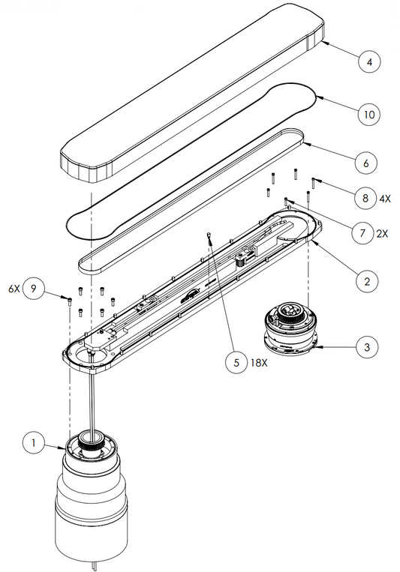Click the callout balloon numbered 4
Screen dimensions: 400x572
[369, 61]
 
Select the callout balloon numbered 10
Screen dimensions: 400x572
[369, 114]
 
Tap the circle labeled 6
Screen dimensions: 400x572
[366, 163]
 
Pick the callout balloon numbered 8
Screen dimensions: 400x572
[365, 198]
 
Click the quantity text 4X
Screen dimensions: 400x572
[384, 199]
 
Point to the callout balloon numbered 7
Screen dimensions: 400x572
[362, 232]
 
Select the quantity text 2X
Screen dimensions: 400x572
[382, 233]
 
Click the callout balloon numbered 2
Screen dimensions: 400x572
[367, 281]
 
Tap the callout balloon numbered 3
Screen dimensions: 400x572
[367, 346]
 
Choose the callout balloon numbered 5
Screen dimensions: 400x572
[236, 362]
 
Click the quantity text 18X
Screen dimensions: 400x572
[259, 363]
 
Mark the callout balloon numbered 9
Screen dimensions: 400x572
[34, 289]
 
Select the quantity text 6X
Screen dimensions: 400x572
[14, 289]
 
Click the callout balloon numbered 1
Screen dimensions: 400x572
[34, 443]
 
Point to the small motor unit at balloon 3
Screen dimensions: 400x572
[290, 328]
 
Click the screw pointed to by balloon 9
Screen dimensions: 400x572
[70, 301]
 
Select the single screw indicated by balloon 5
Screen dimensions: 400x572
[209, 235]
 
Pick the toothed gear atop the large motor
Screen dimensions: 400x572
[92, 444]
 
